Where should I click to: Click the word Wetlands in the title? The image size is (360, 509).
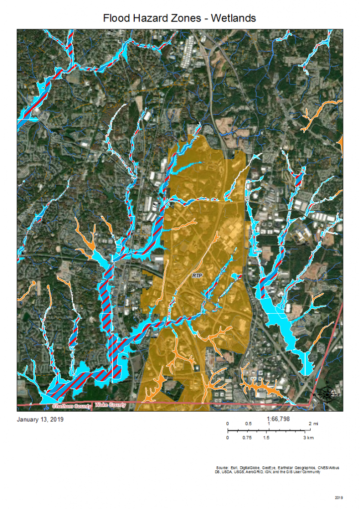click(x=233, y=18)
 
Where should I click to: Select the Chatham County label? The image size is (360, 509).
click(x=72, y=406)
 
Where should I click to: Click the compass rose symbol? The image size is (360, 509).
click(x=327, y=395)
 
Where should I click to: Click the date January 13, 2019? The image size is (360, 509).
click(x=40, y=419)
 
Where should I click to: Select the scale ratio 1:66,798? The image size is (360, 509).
click(x=278, y=419)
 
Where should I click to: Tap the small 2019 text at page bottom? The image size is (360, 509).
click(x=339, y=497)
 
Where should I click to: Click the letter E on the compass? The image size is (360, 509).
click(x=339, y=395)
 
